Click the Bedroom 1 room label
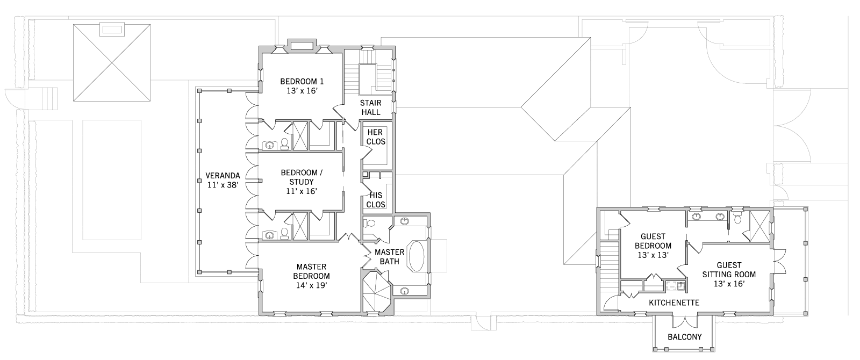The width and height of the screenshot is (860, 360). pos(302,81)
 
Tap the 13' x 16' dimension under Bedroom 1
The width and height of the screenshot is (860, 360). pos(302,91)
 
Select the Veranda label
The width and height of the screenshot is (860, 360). pos(223,175)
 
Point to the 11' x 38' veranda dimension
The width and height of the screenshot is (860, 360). pos(223,185)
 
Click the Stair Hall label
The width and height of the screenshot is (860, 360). pos(371,107)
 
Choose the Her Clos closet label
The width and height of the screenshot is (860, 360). pos(376,137)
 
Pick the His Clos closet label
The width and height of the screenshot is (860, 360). pos(376,199)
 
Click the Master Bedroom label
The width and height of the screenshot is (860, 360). pos(311,271)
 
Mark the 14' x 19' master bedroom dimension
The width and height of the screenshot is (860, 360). pos(311,285)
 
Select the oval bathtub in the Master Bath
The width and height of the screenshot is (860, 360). pos(417,256)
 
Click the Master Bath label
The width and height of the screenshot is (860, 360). pos(389,257)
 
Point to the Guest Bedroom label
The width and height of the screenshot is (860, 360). pos(653,241)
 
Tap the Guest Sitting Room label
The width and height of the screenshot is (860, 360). pos(729,270)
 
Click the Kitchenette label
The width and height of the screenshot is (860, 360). pos(674,303)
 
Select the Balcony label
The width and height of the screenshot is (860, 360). pos(685,337)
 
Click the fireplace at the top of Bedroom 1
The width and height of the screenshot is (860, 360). pos(302,46)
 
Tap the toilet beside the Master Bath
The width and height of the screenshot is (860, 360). pos(370,223)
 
